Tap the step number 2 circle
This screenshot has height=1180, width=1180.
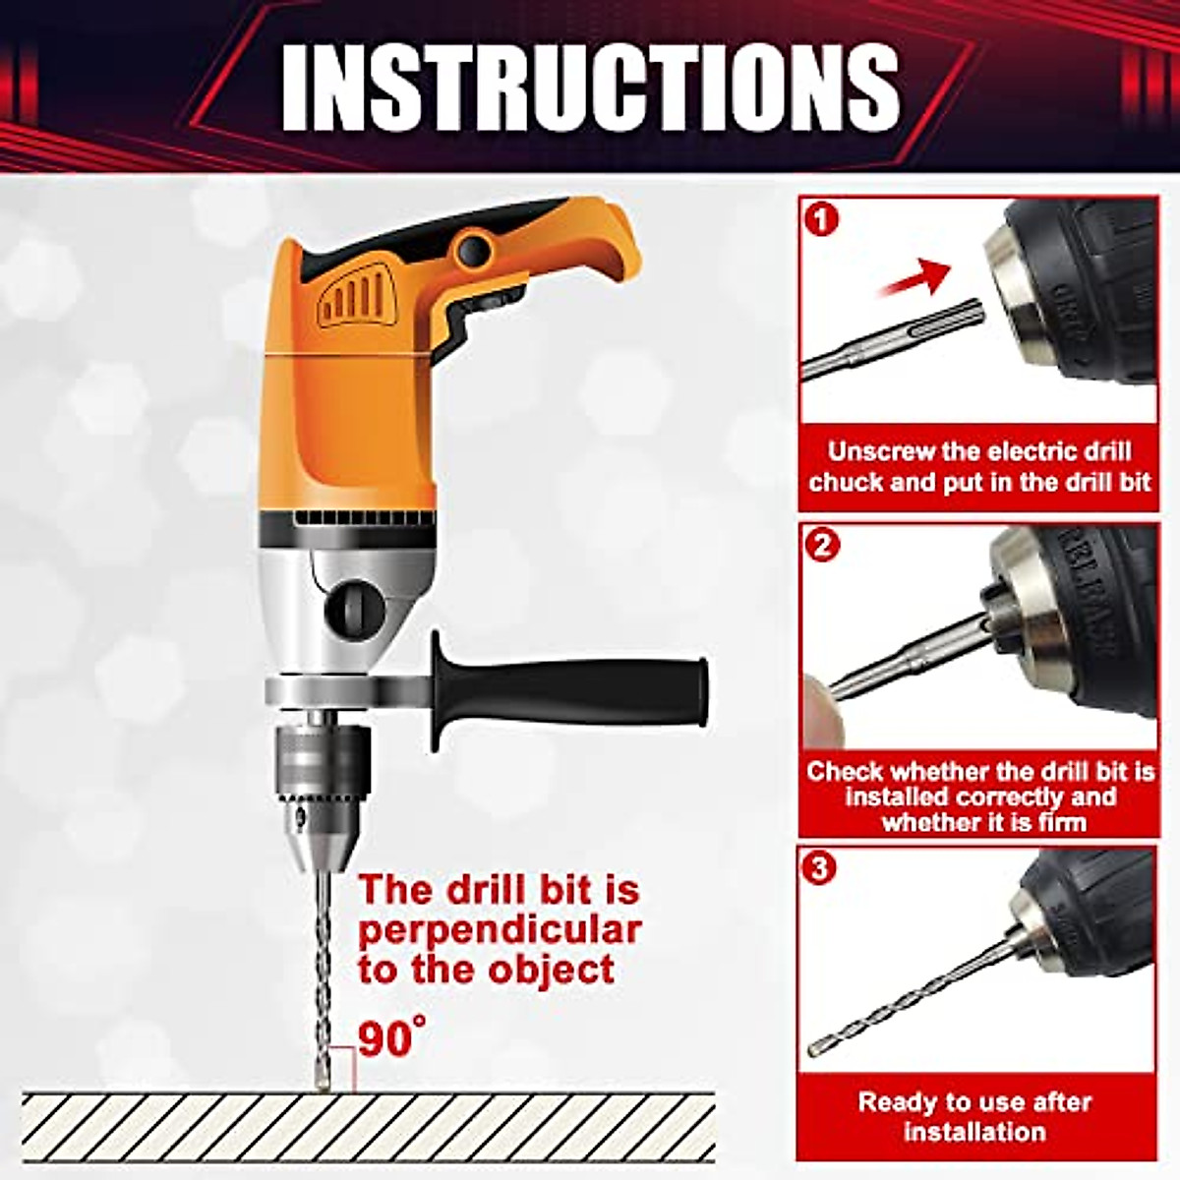822,544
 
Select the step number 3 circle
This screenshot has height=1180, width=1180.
822,869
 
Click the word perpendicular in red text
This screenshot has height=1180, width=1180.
499,929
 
